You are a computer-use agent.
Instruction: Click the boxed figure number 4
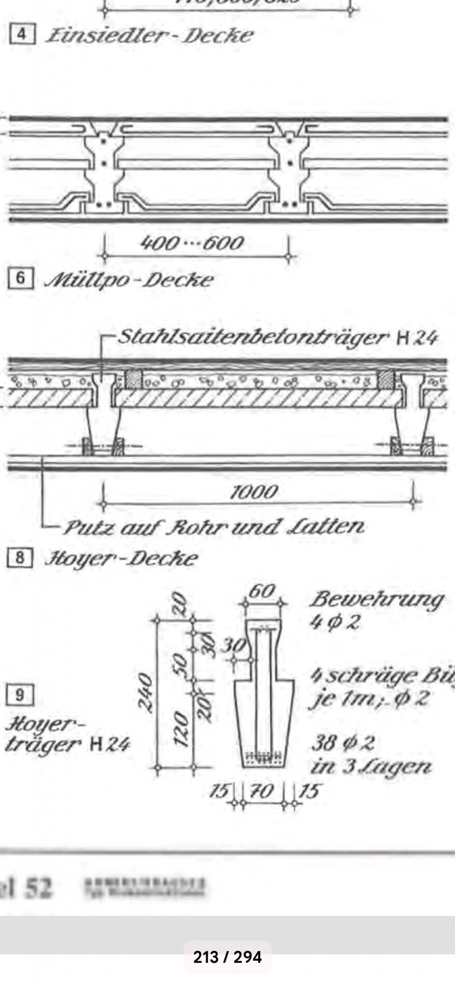tap(22, 35)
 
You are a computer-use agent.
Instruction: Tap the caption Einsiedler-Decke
tap(149, 35)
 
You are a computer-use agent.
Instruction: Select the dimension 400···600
tap(192, 242)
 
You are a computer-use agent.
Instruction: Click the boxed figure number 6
tap(21, 278)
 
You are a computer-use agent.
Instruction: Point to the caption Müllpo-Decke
tap(128, 280)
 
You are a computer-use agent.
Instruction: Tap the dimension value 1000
tap(254, 492)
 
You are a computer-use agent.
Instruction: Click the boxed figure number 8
tap(20, 558)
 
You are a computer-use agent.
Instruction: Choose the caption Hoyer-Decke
tap(121, 558)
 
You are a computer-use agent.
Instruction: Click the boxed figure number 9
tap(20, 695)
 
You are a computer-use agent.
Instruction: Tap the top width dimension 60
tap(262, 592)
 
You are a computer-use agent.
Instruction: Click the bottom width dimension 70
tap(262, 791)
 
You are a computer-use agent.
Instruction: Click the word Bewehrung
tap(377, 599)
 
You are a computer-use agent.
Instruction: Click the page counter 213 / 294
tap(227, 957)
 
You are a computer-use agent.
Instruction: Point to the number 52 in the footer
tap(39, 887)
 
